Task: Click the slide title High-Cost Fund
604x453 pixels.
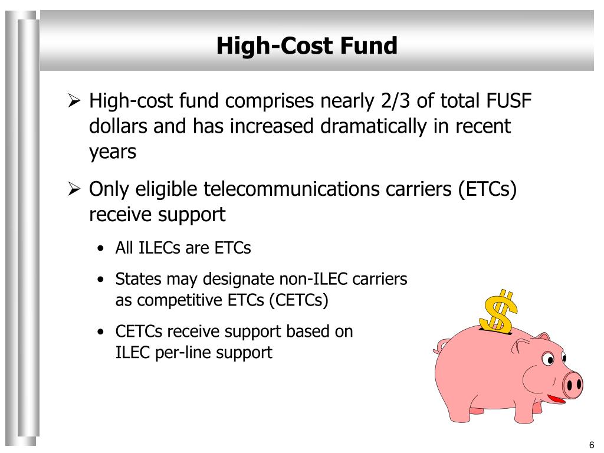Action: [x=307, y=45]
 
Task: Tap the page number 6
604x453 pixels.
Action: [x=591, y=445]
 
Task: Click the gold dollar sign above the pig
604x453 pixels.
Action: [x=498, y=310]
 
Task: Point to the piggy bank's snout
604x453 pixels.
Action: [x=572, y=385]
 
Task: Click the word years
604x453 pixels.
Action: [x=113, y=152]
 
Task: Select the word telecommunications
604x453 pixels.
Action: [x=278, y=190]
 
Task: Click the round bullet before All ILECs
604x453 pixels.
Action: [x=103, y=249]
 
